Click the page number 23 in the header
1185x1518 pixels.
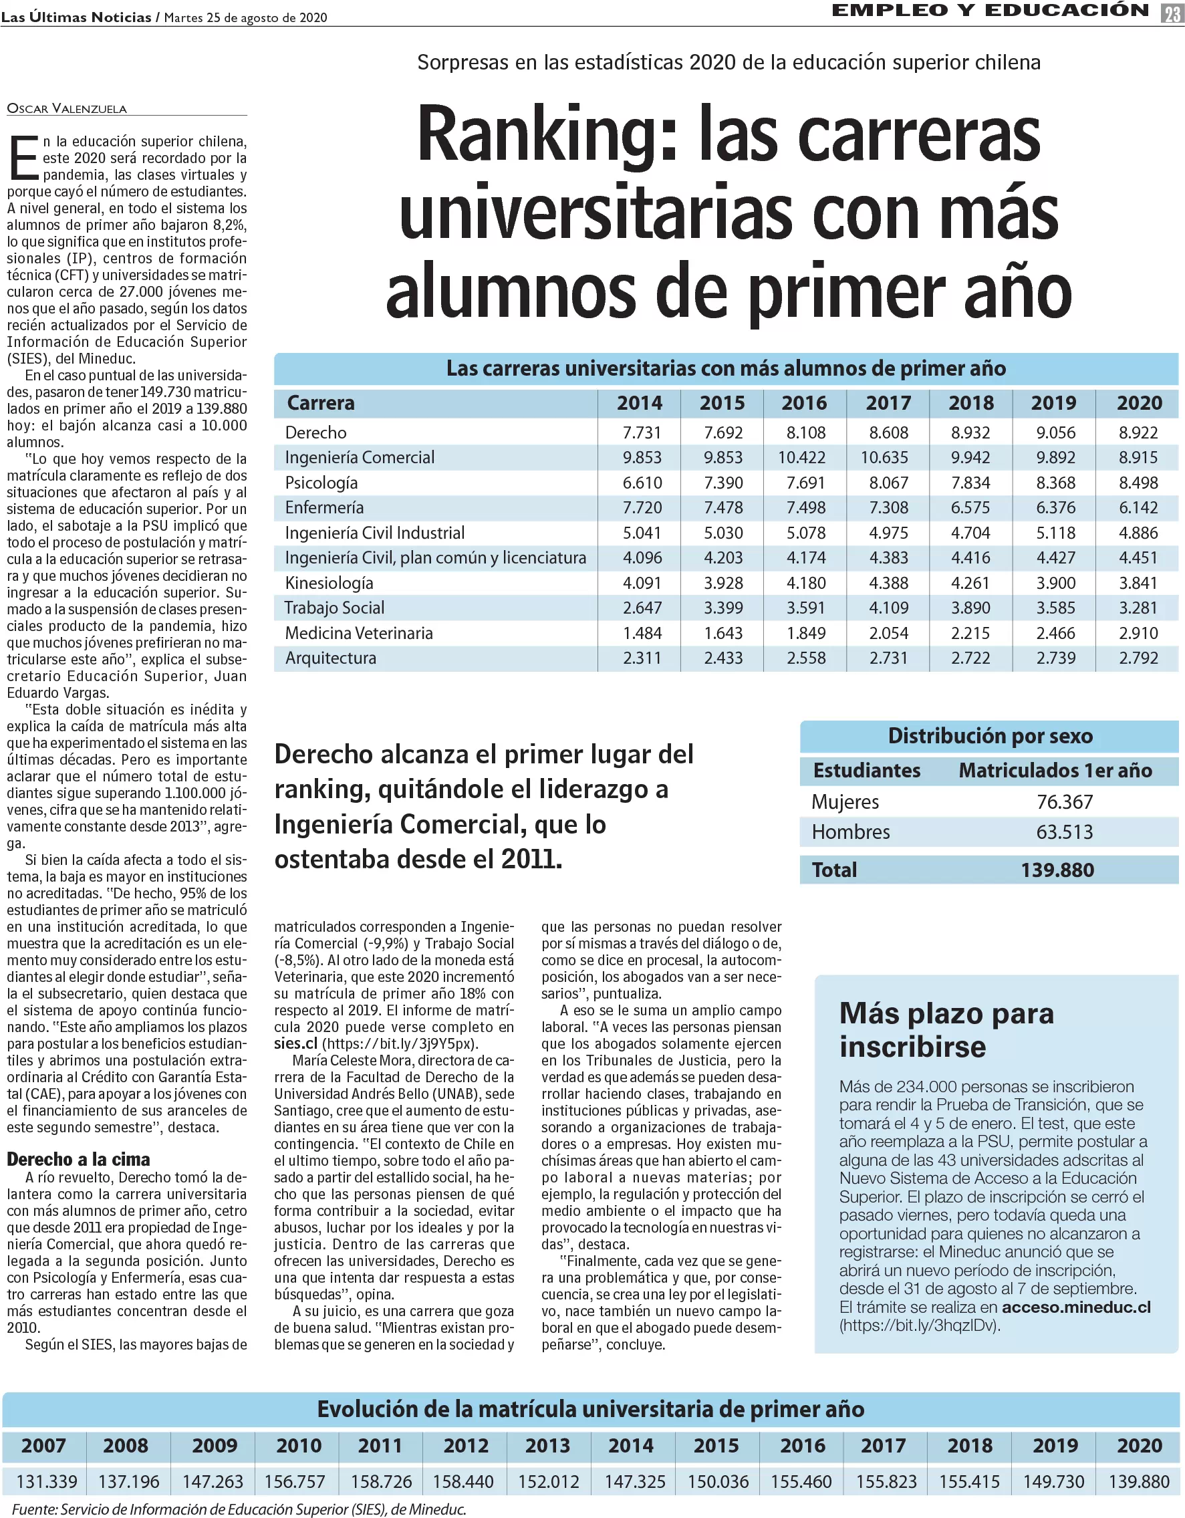tap(1172, 13)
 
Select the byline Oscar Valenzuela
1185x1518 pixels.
tap(67, 108)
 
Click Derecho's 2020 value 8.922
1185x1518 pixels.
tap(1138, 432)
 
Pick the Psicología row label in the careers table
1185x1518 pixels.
tap(321, 483)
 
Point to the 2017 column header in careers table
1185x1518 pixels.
tap(888, 403)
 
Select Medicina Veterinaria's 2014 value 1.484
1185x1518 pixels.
tap(642, 633)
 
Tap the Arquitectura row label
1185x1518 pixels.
tap(330, 658)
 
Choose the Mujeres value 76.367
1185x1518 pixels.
tap(1064, 802)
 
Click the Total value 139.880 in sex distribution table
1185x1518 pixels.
tap(1057, 870)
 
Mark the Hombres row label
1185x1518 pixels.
tap(851, 832)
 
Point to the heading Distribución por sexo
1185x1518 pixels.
tap(990, 736)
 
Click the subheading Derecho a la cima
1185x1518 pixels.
tap(79, 1159)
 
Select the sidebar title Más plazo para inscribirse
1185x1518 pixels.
tap(946, 1030)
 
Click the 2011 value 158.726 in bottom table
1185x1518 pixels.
tap(381, 1482)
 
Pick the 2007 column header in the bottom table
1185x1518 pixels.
tap(44, 1446)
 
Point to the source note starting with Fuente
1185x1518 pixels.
tap(239, 1509)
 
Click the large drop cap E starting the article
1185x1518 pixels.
tap(23, 158)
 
